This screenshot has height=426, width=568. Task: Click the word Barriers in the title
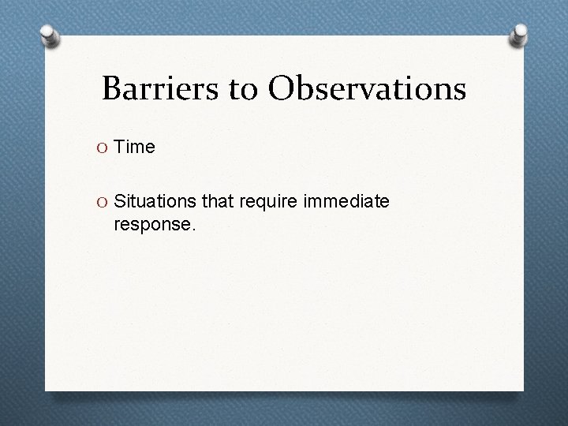pyautogui.click(x=155, y=89)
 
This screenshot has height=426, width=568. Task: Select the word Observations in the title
pyautogui.click(x=367, y=89)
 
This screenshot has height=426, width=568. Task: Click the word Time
pyautogui.click(x=135, y=147)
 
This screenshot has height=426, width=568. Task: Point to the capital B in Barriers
pyautogui.click(x=112, y=89)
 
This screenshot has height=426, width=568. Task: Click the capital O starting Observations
pyautogui.click(x=282, y=89)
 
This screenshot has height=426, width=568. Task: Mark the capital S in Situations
pyautogui.click(x=120, y=203)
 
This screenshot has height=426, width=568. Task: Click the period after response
pyautogui.click(x=190, y=230)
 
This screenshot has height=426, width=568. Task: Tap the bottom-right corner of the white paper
pyautogui.click(x=523, y=390)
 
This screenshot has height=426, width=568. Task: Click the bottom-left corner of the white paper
pyautogui.click(x=46, y=390)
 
